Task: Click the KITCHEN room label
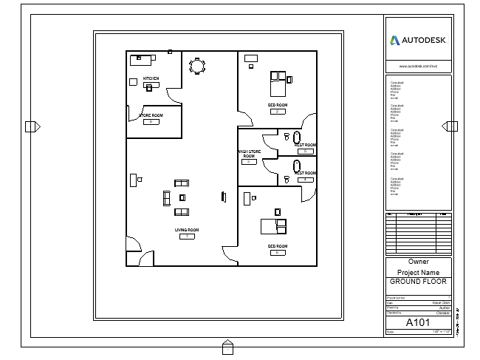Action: [151, 78]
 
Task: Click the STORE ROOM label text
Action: [151, 115]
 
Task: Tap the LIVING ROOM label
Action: [187, 230]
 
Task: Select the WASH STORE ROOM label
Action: [249, 154]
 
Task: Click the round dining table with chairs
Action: [197, 66]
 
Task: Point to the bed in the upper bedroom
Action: [278, 84]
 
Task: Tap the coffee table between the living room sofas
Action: [182, 197]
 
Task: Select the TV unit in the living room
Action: [223, 196]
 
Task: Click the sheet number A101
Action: [418, 323]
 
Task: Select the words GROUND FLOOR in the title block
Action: [418, 282]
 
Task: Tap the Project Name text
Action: [418, 272]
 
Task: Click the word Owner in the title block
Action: [418, 262]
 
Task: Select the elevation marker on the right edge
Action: [448, 127]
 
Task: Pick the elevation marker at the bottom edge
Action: [227, 345]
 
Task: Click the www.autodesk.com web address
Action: [418, 66]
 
